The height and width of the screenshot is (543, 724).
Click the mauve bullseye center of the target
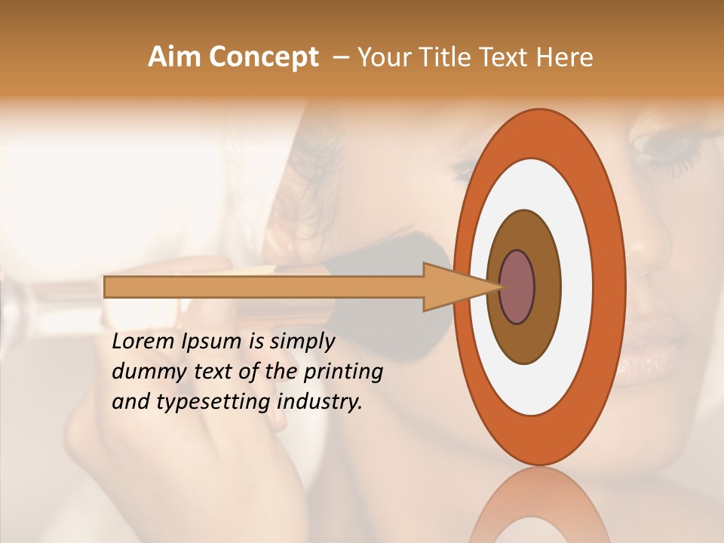(517, 287)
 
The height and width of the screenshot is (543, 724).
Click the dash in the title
(339, 57)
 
